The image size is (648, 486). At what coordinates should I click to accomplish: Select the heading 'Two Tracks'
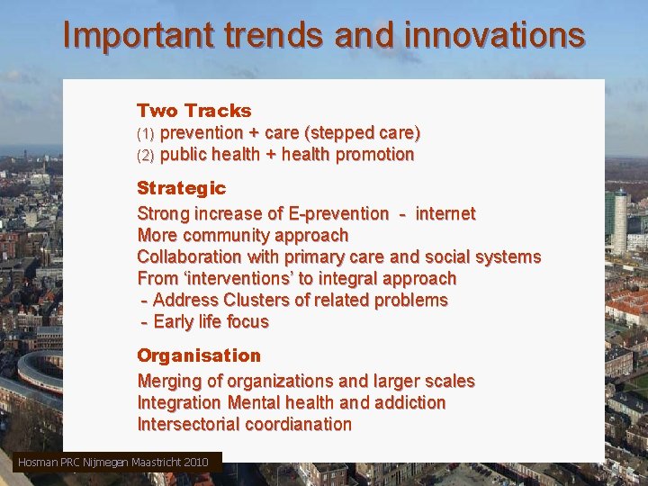click(193, 111)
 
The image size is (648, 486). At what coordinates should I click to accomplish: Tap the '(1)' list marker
click(146, 133)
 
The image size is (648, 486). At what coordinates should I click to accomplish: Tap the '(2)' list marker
click(146, 155)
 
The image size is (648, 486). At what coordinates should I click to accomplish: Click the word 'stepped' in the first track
click(338, 133)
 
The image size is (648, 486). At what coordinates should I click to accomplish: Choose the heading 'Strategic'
click(181, 188)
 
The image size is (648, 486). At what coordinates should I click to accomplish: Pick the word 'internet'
click(445, 213)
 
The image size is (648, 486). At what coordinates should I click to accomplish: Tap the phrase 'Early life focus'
click(211, 321)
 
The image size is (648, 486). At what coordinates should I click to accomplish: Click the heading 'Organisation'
click(198, 355)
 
